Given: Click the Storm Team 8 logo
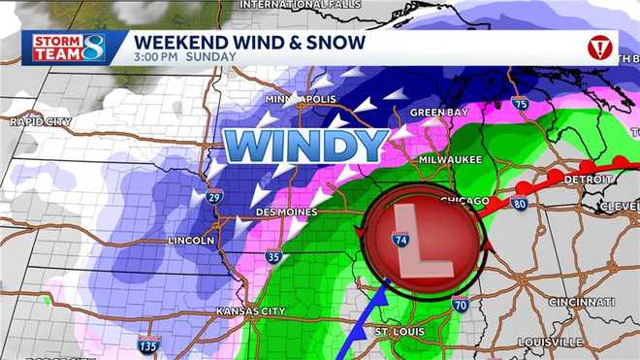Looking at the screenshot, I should tap(65, 47).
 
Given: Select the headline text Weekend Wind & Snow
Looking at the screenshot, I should tap(249, 42).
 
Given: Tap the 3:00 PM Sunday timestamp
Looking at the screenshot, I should tap(184, 57).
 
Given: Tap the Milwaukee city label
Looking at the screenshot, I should tap(450, 159).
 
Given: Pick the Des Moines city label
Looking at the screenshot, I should tap(287, 212).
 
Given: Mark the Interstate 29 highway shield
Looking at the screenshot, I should tap(214, 196).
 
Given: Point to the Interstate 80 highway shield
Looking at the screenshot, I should tap(519, 205).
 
